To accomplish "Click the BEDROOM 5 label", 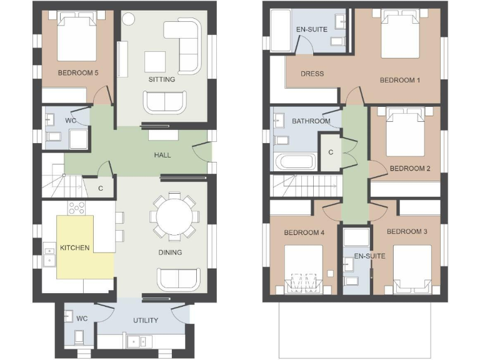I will (78, 72).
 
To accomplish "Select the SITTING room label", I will (161, 79).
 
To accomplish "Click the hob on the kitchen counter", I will (76, 207).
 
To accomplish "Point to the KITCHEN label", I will (74, 247).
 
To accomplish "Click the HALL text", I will (162, 155).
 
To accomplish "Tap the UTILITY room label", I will (146, 320).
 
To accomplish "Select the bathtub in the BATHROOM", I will (297, 162).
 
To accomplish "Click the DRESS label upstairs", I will (312, 74).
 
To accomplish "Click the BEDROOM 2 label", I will (410, 168).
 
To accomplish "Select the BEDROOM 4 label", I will (304, 232).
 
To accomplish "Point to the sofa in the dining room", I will (178, 279).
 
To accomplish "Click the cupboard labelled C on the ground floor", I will (101, 187).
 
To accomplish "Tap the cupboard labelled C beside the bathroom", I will (330, 152).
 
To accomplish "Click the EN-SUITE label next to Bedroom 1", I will (311, 29).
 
